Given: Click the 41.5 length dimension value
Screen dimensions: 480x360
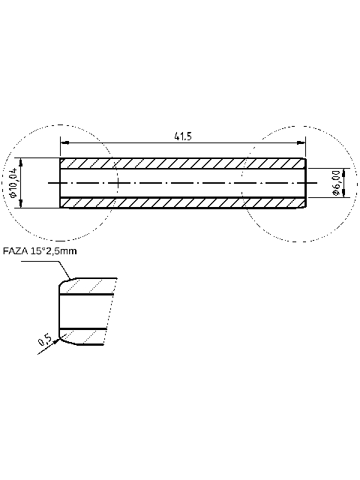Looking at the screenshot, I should (x=183, y=136).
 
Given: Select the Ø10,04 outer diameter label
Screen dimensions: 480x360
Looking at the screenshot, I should (x=13, y=182).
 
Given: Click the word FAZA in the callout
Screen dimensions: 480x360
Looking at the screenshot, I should (x=16, y=251).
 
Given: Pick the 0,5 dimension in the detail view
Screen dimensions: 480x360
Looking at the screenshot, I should (x=44, y=341).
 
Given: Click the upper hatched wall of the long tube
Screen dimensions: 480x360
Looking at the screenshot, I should (x=180, y=163).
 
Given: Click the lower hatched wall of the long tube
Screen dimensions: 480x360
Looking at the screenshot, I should (x=180, y=202).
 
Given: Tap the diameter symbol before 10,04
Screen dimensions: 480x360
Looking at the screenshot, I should (x=13, y=195).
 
